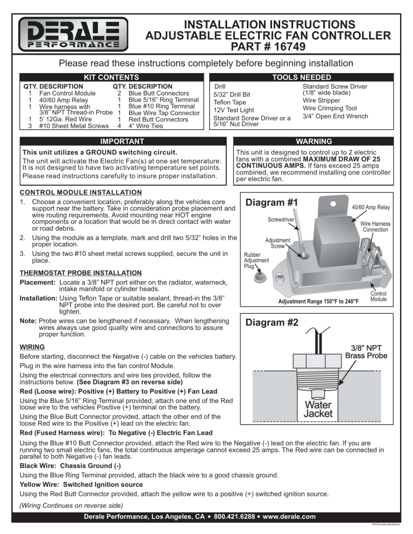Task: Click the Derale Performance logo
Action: coord(74,35)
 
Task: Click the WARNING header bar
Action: coord(318,142)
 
